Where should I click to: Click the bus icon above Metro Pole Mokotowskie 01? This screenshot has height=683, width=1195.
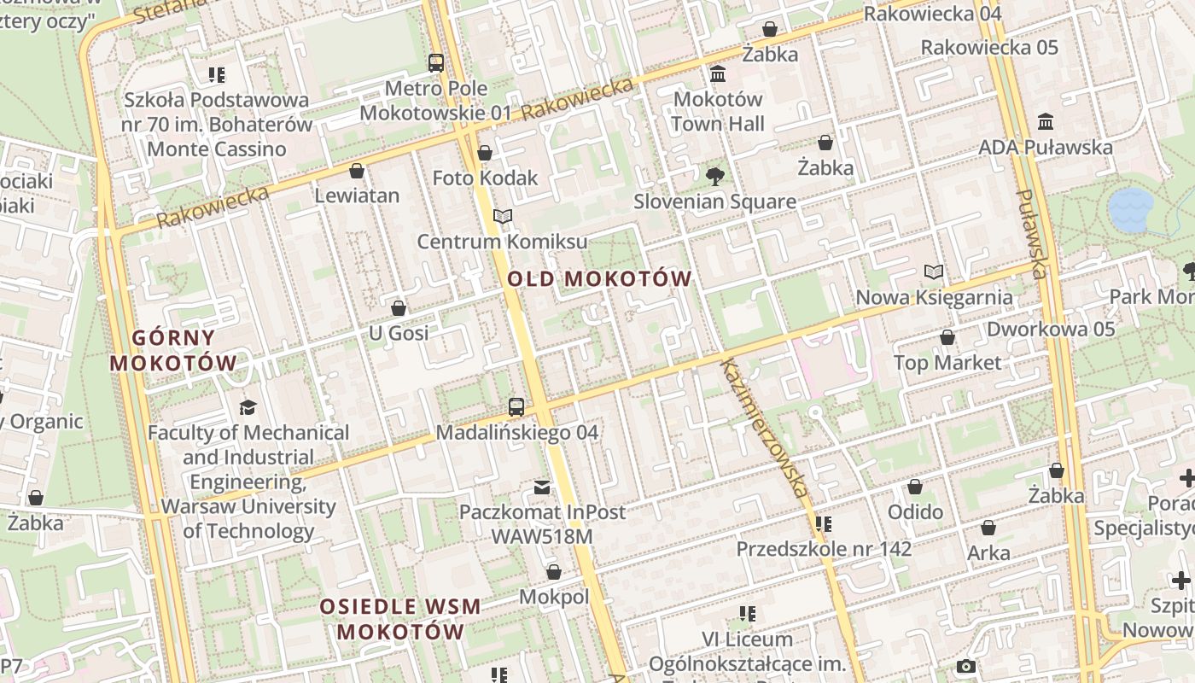point(436,62)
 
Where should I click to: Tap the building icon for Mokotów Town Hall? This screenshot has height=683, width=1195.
point(718,74)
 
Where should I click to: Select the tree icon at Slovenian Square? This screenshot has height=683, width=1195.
point(714,177)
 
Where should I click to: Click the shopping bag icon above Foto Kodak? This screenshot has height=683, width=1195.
point(485,153)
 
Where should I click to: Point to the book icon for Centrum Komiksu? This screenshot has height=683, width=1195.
point(503,217)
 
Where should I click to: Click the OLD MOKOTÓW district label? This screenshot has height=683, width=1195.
point(599,278)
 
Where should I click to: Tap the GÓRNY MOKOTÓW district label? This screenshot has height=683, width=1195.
point(173,350)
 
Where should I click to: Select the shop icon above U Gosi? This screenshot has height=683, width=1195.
point(399,308)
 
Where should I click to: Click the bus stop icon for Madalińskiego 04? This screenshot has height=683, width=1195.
point(516,407)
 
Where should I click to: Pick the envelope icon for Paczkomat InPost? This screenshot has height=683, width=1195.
point(542,487)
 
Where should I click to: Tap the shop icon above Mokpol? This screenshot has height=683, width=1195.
point(554,572)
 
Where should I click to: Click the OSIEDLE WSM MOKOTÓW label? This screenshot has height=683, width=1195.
point(400,620)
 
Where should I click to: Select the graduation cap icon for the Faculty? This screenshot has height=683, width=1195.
point(248,407)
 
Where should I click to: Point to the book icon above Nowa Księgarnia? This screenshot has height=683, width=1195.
point(934,272)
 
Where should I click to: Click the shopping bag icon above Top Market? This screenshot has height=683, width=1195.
point(947,337)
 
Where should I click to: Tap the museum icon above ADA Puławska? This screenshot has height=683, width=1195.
point(1046,122)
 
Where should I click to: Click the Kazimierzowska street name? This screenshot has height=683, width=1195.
point(764,429)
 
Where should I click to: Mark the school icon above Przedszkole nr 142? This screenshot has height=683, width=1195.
point(824,523)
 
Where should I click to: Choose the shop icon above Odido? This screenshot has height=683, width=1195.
point(915,487)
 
